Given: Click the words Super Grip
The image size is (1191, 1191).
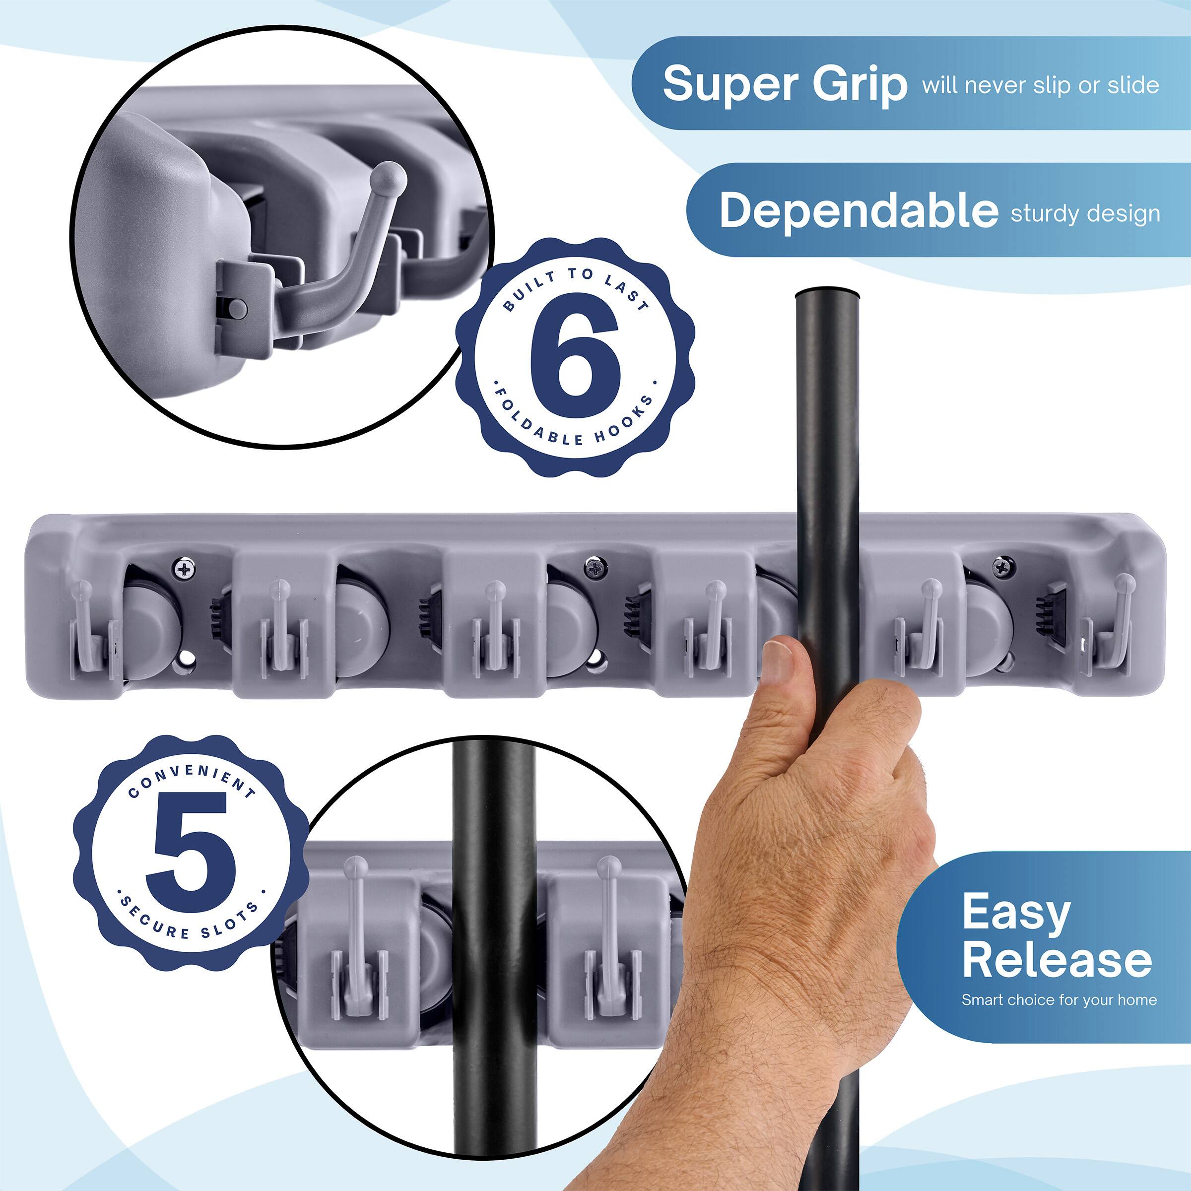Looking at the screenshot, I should coord(784,84).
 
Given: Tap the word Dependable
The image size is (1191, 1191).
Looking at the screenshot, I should coord(858,211).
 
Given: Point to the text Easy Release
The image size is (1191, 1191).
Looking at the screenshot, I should coord(1056,936).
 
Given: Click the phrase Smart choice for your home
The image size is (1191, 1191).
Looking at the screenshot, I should coord(1059,999).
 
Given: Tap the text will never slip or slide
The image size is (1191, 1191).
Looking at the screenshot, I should coord(1040,85).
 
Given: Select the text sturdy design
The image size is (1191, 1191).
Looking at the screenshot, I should coord(1085,213).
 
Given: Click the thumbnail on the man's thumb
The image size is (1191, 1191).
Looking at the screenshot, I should coord(778,661).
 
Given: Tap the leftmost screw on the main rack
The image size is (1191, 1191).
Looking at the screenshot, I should coord(184,567).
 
